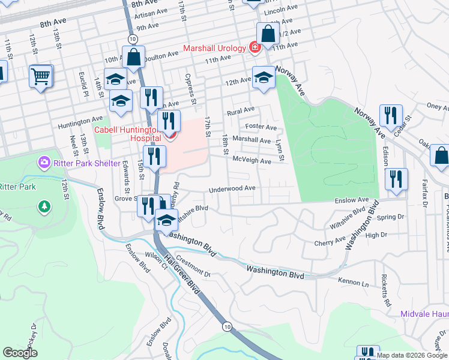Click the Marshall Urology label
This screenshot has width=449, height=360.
tap(214, 48)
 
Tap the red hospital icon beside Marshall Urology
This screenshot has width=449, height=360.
tap(255, 47)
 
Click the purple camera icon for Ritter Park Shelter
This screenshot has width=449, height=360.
tap(43, 162)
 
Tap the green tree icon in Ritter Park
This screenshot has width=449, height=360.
tap(44, 207)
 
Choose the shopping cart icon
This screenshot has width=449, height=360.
tap(41, 76)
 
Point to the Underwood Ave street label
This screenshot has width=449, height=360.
tap(232, 189)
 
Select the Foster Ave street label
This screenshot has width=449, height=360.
tap(261, 127)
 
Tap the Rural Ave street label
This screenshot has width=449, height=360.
tap(241, 112)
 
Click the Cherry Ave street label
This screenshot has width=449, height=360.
tap(330, 243)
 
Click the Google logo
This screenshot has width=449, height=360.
tap(20, 353)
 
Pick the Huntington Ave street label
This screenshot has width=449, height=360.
tap(80, 126)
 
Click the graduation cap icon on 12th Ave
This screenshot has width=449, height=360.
tap(263, 77)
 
